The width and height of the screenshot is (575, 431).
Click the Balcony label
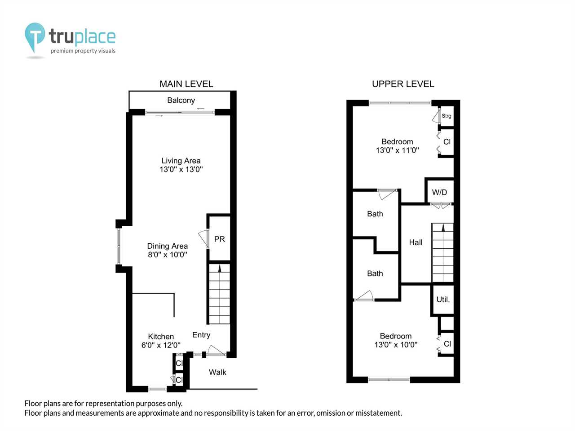point(181,101)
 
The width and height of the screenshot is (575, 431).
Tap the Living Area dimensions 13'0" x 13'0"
point(181,169)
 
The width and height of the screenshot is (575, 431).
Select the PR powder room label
point(219,239)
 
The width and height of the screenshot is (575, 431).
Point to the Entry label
point(201,335)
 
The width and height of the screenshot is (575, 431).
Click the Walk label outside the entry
point(217,372)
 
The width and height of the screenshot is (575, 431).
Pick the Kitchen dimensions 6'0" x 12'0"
point(161,345)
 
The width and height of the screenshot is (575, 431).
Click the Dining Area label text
point(168,246)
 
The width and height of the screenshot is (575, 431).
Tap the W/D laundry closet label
point(439,192)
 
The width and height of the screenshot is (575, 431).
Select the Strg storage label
point(446,116)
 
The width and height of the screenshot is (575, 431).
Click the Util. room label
point(443,299)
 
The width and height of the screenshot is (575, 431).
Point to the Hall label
point(416,242)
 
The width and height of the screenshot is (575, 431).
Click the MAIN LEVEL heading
point(186,84)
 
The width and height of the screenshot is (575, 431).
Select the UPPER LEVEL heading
point(403,84)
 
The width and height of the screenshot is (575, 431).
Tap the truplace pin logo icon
point(35,36)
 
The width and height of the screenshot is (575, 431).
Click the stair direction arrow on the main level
point(220,268)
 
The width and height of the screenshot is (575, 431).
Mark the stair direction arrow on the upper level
point(443,228)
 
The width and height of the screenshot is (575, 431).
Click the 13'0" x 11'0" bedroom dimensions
point(398,150)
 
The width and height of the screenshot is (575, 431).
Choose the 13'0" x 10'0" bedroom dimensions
point(396,345)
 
